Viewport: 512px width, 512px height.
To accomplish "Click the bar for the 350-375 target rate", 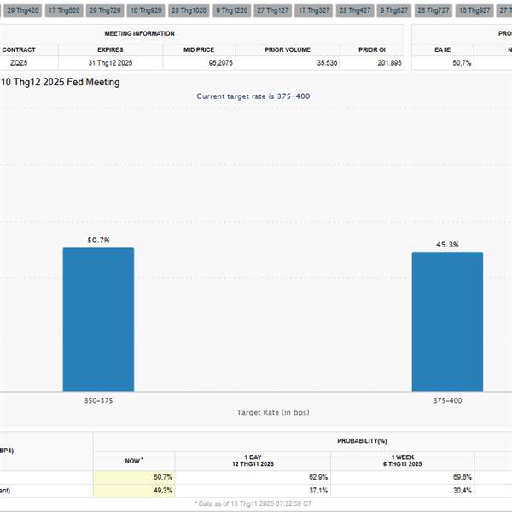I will click(98, 320).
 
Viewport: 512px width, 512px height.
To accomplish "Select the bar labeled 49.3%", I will click(447, 322).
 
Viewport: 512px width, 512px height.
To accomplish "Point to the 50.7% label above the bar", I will click(98, 241).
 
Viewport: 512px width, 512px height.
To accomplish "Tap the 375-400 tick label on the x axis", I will click(447, 399).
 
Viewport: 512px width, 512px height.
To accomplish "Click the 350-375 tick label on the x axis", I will click(98, 399).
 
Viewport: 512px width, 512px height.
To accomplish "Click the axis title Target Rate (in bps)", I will click(272, 412).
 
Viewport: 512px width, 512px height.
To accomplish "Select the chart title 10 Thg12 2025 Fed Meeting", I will click(60, 82).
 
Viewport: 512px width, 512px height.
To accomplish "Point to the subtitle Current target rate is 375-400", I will click(253, 96).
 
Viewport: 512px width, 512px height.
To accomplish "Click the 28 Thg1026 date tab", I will click(189, 9).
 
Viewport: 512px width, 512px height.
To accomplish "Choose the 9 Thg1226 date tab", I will click(230, 9).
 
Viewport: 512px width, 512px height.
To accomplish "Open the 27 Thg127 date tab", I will click(272, 9).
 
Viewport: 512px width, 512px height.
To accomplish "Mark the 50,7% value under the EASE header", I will click(461, 63).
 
